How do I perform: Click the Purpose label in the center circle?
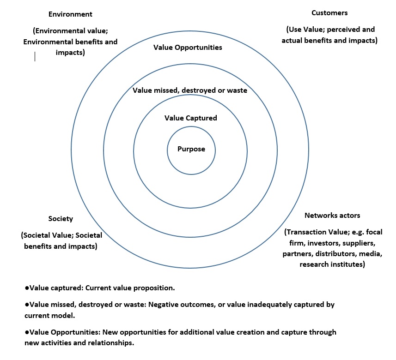[x=191, y=149]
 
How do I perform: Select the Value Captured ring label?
[x=191, y=118]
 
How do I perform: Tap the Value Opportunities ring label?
[x=188, y=48]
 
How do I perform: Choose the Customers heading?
[x=329, y=13]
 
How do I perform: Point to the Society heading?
[x=61, y=219]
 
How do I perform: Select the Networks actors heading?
[x=332, y=216]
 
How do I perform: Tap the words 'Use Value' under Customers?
[x=305, y=30]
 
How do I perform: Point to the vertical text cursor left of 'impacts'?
[x=35, y=56]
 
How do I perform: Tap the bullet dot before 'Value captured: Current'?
[x=27, y=288]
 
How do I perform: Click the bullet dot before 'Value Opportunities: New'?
[x=27, y=332]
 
